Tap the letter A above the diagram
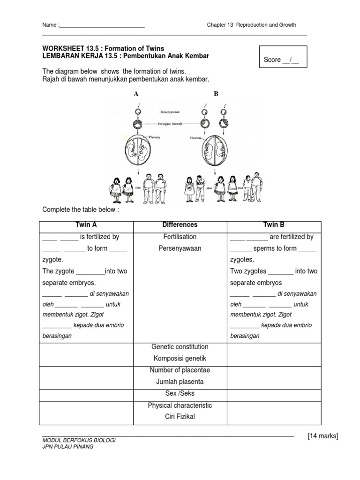pos(136,94)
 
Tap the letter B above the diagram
pos(216,94)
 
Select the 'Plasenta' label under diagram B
pos(196,138)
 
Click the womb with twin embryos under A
pos(137,155)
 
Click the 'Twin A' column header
pos(87,225)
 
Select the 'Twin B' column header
pos(274,225)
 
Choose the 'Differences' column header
pos(180,225)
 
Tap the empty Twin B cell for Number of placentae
pos(274,376)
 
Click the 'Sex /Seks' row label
pos(180,394)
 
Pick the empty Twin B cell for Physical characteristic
pos(274,411)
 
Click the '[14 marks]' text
pos(322,436)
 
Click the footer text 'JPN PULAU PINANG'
pos(68,447)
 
